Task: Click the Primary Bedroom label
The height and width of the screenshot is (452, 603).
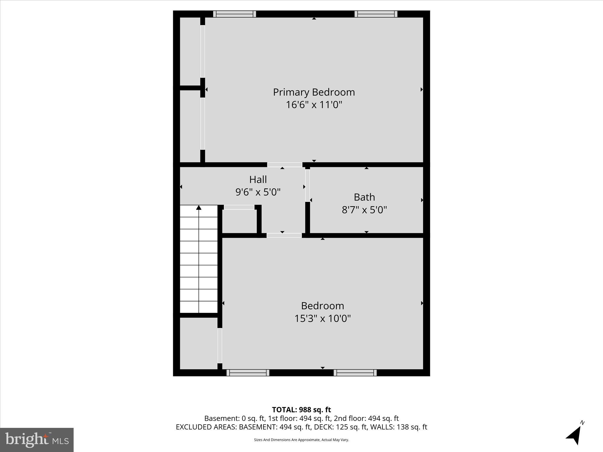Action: click(x=314, y=92)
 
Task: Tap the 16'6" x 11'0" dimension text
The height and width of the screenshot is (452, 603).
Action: click(x=314, y=105)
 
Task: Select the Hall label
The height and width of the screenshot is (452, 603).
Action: click(x=258, y=180)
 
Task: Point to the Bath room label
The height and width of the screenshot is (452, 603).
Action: click(x=364, y=197)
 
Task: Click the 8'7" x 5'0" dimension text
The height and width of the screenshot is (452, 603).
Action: click(x=364, y=210)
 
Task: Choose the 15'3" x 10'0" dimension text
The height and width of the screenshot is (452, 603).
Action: click(x=322, y=318)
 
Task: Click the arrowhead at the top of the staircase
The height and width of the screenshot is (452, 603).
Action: click(x=199, y=208)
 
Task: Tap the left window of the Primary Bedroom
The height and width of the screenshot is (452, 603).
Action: click(x=234, y=14)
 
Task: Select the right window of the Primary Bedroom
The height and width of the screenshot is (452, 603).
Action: click(x=376, y=14)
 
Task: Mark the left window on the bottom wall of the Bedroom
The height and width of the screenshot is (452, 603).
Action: click(x=248, y=373)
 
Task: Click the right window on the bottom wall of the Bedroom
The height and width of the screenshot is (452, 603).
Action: click(x=355, y=373)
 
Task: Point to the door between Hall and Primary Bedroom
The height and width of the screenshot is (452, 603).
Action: click(x=284, y=164)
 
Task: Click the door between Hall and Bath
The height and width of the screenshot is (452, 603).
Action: click(x=307, y=185)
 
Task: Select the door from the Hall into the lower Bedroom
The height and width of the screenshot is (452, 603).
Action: click(x=284, y=235)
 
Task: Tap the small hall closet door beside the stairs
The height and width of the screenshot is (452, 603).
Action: click(x=239, y=207)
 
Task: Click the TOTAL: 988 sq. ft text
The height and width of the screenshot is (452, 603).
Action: click(x=301, y=410)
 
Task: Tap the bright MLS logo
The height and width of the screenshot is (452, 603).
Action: click(x=37, y=440)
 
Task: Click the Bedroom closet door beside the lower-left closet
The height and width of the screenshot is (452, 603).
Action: click(x=220, y=345)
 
